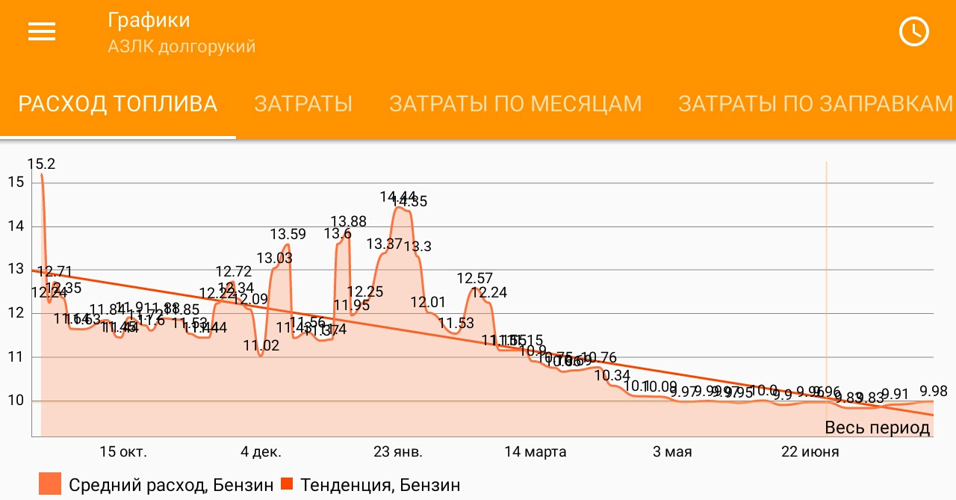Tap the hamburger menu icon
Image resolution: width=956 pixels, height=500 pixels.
(42, 31)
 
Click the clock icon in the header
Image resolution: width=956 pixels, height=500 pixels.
(913, 31)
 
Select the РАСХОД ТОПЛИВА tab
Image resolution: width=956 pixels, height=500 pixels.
(118, 104)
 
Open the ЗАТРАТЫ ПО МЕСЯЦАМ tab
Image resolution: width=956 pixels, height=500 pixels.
(515, 104)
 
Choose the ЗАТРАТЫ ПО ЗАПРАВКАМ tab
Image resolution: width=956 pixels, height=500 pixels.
(816, 104)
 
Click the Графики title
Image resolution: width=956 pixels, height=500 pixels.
(149, 20)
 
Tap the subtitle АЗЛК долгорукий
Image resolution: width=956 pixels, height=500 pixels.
(181, 47)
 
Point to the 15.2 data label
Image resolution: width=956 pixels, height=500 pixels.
(41, 164)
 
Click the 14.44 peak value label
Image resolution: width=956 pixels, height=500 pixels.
(397, 197)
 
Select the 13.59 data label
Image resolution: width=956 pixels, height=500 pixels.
(288, 234)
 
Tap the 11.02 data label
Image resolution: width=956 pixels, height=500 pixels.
(261, 345)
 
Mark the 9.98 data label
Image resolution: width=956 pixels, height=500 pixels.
(934, 391)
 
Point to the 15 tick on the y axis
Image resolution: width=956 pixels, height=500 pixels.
(16, 182)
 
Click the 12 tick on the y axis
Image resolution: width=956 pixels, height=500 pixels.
(16, 314)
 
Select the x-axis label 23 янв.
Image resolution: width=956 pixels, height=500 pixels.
(398, 452)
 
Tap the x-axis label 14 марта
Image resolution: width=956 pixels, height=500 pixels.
(536, 452)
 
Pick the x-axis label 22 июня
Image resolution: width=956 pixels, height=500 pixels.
(810, 452)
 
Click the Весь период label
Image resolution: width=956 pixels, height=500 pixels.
(877, 428)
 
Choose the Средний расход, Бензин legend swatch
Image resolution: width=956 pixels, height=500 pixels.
(50, 484)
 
